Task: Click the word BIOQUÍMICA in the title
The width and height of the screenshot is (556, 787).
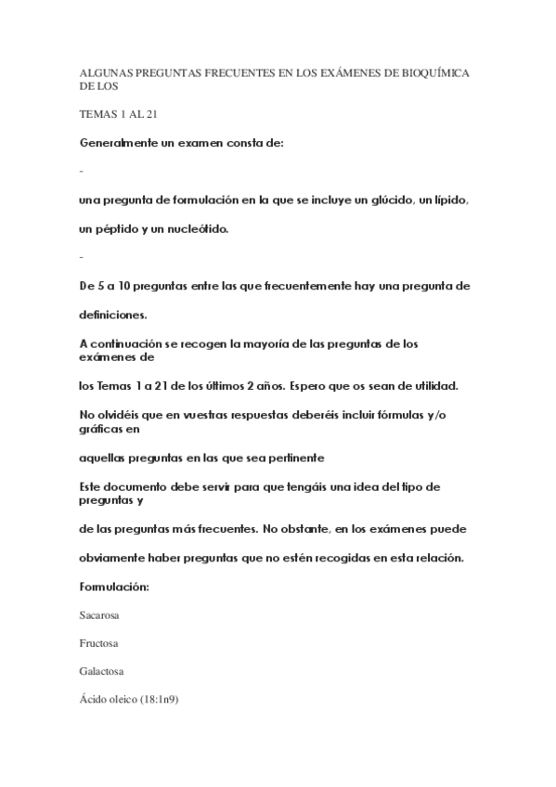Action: coord(434,72)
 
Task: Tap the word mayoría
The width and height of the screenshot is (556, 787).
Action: coord(286,343)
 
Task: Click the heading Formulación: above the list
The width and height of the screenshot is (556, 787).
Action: coord(113,587)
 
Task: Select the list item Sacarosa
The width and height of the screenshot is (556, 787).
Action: coord(100,615)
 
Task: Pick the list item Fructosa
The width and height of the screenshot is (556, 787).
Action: coord(98,643)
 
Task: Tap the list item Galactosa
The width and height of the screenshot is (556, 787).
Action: coord(102,671)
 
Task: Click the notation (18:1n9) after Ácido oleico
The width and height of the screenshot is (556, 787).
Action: coord(158,699)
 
